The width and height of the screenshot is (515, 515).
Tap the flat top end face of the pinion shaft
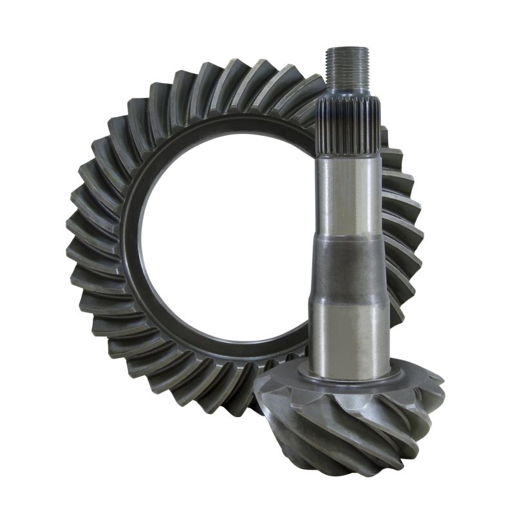347,50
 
